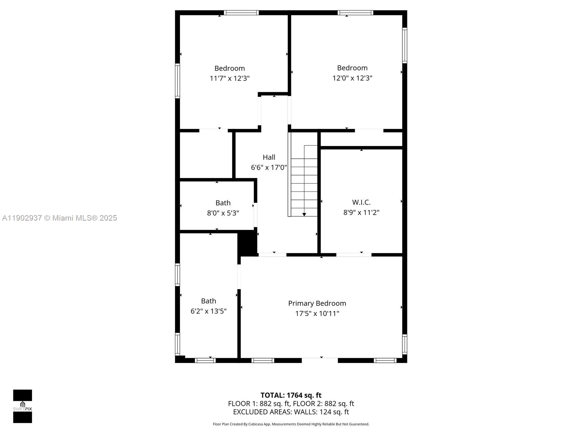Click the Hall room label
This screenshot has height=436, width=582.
(269, 157)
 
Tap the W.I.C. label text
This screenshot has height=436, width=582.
(361, 202)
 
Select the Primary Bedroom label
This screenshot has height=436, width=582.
(317, 303)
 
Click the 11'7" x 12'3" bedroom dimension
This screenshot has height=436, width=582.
(230, 78)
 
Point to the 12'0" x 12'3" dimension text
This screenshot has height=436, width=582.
(352, 78)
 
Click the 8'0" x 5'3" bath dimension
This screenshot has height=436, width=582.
(223, 213)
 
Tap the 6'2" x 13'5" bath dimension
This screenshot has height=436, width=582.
(208, 311)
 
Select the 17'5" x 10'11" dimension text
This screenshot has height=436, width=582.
(317, 313)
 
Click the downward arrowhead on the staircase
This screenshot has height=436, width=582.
(304, 214)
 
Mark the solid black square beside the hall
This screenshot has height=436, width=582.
(247, 243)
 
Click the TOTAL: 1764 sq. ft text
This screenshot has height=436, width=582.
(291, 395)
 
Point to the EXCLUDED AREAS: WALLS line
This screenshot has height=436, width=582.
(291, 412)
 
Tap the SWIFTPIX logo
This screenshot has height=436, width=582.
(23, 406)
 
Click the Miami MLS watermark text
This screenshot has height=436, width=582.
(59, 218)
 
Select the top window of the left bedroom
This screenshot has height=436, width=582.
(241, 13)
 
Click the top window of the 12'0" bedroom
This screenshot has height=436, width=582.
(355, 13)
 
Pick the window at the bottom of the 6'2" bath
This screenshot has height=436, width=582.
(205, 360)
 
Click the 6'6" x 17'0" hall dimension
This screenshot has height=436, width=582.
(269, 167)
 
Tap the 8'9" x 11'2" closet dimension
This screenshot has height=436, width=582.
(361, 212)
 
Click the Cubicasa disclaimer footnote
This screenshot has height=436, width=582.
(291, 424)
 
